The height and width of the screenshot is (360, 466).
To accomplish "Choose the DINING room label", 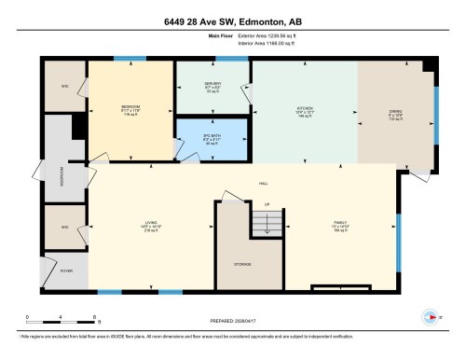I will (x=395, y=110).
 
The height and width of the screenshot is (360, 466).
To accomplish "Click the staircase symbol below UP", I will (x=265, y=224).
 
